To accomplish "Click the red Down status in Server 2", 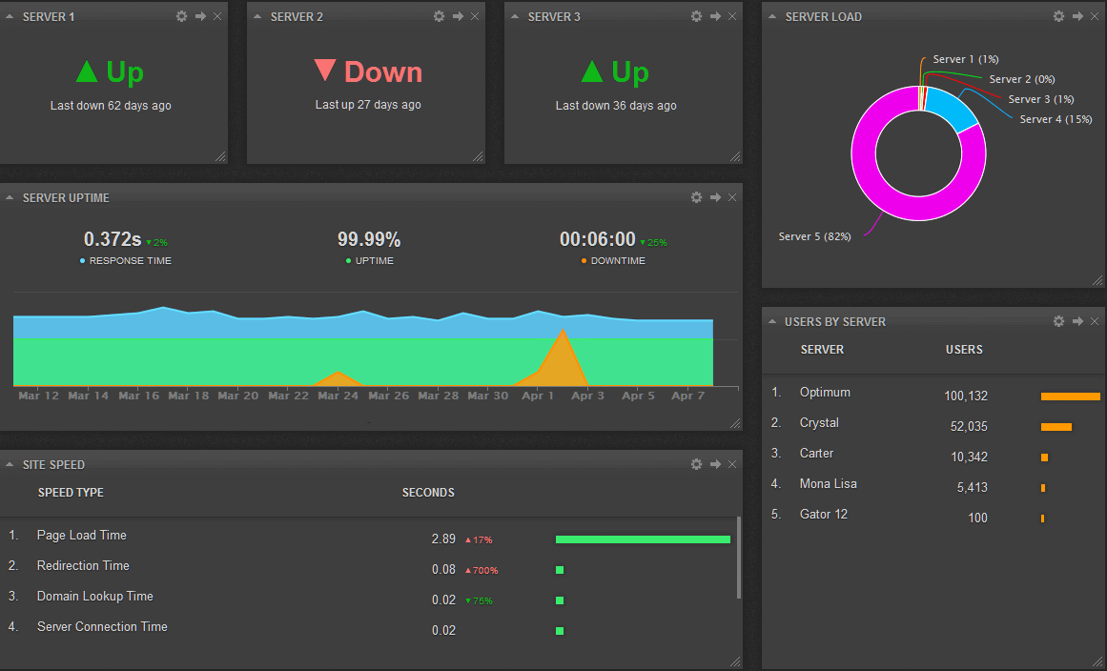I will click(x=368, y=72).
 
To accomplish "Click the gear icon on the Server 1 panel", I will click(x=182, y=16).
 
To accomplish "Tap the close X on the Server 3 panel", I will click(x=732, y=16).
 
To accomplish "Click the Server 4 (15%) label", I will click(x=1056, y=119).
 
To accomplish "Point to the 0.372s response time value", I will click(x=113, y=239).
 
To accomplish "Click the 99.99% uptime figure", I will click(x=369, y=239).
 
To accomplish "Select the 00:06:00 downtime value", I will click(x=597, y=239).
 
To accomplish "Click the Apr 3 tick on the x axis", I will click(x=587, y=396).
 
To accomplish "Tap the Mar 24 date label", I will click(x=338, y=396).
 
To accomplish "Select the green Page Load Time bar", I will click(x=643, y=539).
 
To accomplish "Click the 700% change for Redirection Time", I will click(x=482, y=571).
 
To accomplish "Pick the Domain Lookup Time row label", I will click(x=95, y=596).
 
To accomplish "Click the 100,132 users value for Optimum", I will click(x=965, y=396).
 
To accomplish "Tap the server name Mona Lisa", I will click(x=828, y=483).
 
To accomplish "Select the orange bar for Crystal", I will click(x=1056, y=427).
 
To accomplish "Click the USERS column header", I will click(x=964, y=350).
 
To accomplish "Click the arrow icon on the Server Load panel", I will click(x=1077, y=16).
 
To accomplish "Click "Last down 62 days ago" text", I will click(x=111, y=106).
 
